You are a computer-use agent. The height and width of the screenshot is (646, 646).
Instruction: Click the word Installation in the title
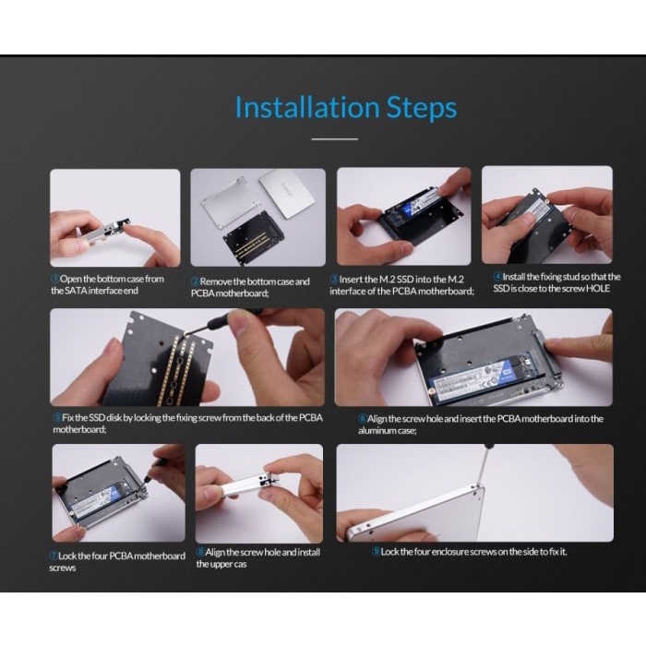307,107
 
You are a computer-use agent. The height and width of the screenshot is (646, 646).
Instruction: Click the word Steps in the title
422,109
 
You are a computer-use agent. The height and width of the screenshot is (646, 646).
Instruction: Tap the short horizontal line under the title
334,139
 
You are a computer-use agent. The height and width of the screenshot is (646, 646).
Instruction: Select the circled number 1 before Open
54,279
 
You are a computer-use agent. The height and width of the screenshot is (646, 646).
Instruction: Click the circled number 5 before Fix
57,417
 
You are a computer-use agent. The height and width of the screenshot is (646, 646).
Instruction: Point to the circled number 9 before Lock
376,551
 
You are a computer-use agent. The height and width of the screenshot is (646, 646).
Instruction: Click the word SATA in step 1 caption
76,291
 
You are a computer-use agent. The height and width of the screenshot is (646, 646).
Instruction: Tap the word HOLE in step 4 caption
598,288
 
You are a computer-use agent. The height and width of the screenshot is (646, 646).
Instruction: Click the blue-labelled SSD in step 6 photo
473,377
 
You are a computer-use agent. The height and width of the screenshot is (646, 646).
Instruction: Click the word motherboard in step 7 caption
160,556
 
